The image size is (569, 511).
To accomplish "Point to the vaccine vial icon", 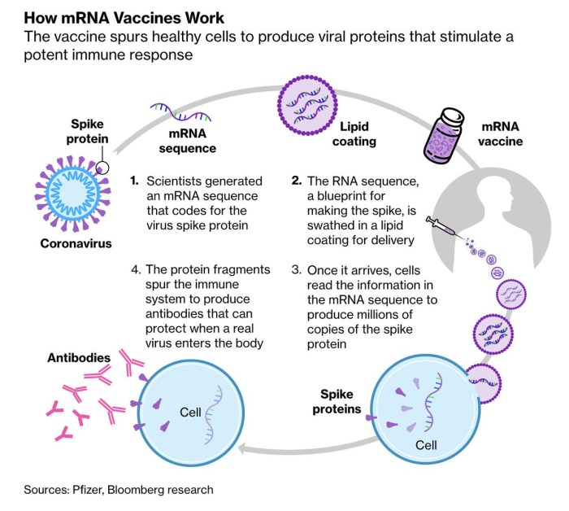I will click(448, 132).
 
